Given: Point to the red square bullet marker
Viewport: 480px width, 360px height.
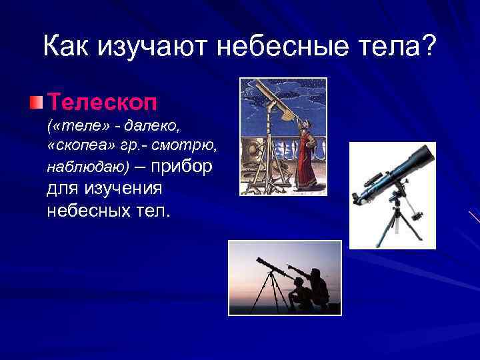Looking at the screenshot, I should (35, 103).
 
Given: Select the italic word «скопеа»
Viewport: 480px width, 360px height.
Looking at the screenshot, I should (79, 146).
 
